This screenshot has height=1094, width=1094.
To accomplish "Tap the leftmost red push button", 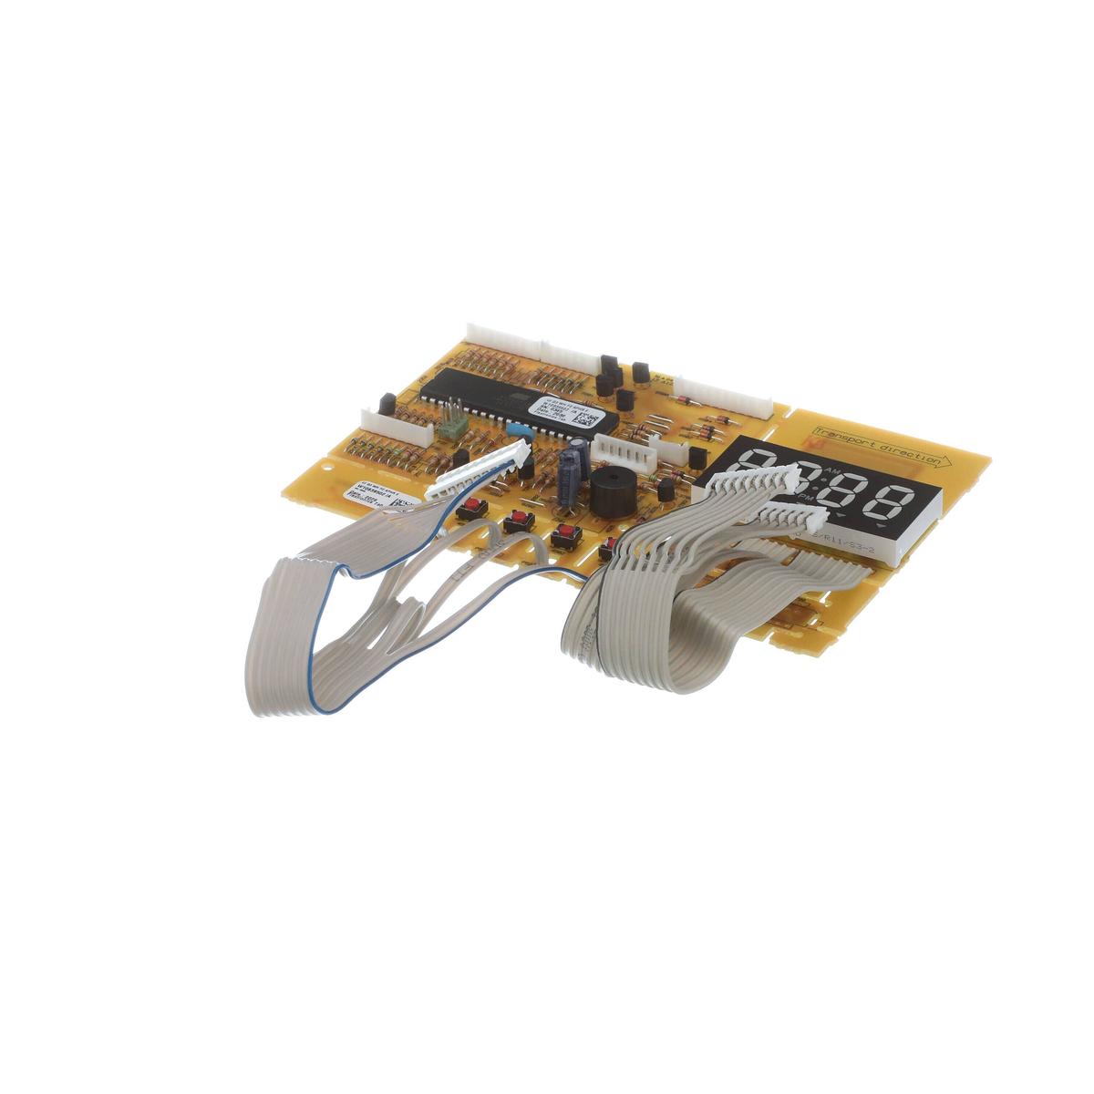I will [473, 507].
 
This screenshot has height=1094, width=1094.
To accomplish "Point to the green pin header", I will [449, 423].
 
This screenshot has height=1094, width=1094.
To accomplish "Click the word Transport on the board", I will [842, 438].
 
